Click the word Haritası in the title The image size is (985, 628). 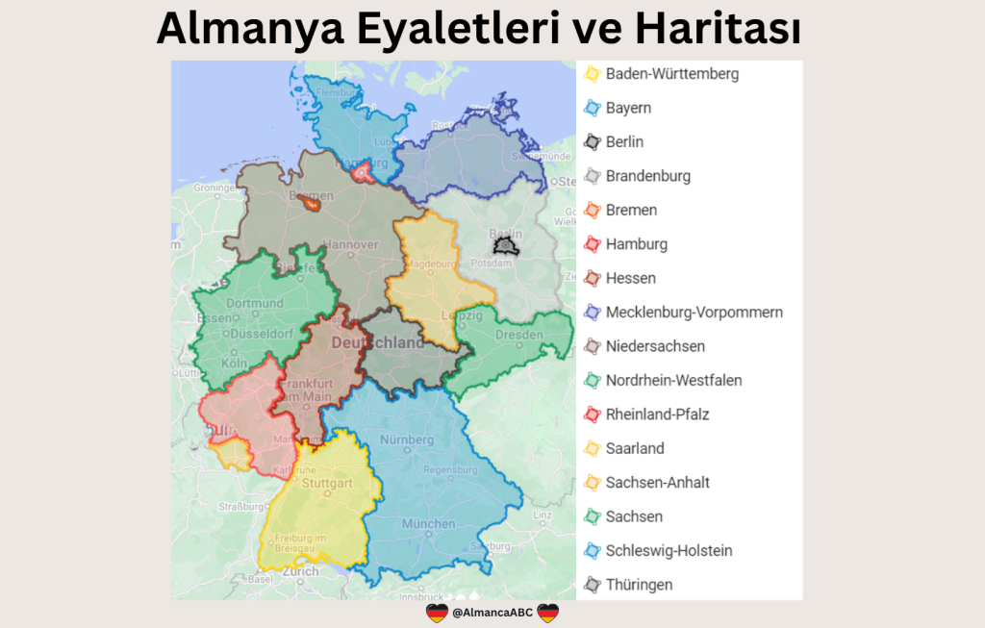718,30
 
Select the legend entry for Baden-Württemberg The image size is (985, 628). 671,73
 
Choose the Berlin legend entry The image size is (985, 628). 624,142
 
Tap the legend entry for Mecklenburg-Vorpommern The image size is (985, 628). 694,313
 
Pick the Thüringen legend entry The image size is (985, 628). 639,585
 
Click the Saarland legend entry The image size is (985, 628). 635,448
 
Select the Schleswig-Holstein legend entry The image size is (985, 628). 669,551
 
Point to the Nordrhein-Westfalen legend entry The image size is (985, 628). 673,381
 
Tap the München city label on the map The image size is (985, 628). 429,524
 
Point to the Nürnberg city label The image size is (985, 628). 408,440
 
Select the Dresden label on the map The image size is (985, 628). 519,335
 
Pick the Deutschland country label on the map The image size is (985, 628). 376,343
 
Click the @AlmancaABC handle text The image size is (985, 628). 492,613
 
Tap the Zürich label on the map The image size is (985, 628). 300,570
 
